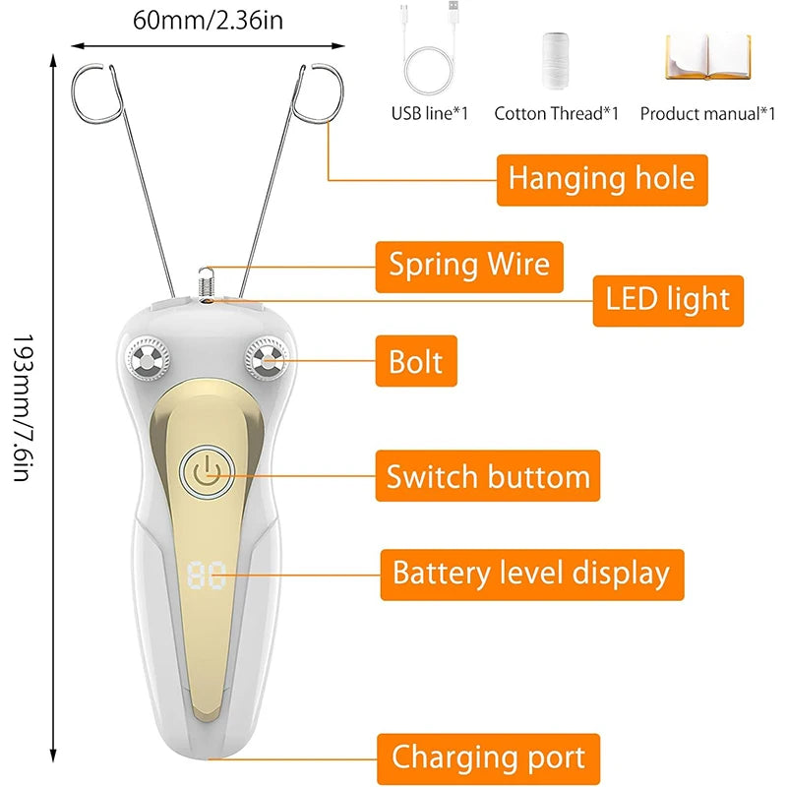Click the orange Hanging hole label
pos(601,179)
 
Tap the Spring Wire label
pos(468,266)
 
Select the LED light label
pos(668,299)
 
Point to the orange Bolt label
pos(416,361)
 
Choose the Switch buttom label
pos(488,476)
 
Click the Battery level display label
pos(531,574)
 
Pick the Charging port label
pos(488,757)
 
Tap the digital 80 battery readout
pos(206,575)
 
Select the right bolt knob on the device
pos(265,360)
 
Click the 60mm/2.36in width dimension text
pos(209,20)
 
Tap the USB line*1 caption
pos(430,113)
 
